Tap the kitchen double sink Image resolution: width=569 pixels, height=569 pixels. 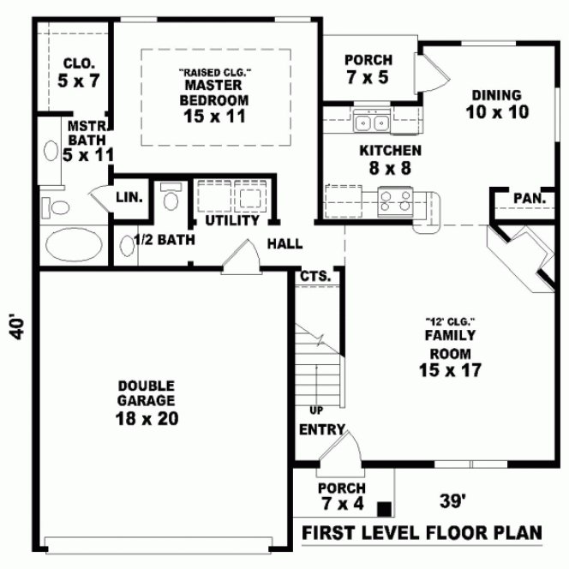tap(373, 123)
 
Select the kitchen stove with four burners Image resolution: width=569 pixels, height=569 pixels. tap(395, 201)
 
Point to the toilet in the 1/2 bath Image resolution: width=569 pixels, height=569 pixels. tap(170, 199)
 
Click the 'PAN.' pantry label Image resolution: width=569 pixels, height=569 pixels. tap(530, 199)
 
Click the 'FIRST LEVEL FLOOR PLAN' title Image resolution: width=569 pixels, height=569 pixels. tap(422, 533)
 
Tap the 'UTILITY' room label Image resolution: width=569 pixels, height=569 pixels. tap(231, 220)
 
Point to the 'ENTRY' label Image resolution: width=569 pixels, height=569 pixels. tap(322, 429)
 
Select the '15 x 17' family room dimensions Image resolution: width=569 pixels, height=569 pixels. tap(450, 370)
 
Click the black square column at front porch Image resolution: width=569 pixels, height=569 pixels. tap(387, 508)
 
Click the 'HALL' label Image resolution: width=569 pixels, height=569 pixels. tap(284, 244)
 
